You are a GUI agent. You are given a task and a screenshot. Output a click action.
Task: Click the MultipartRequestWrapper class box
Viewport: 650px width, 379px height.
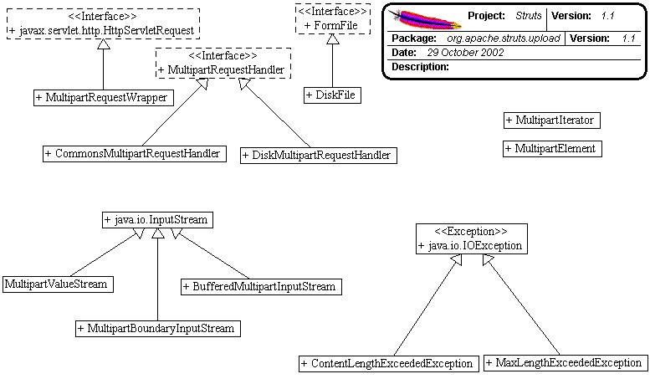pyautogui.click(x=102, y=98)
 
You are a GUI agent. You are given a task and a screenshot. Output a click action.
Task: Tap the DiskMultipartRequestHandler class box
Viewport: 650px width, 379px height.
pyautogui.click(x=317, y=155)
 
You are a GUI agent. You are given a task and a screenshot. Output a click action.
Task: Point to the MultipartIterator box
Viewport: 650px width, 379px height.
pyautogui.click(x=552, y=120)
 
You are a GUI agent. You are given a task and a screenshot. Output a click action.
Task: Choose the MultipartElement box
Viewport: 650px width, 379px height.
pyautogui.click(x=552, y=149)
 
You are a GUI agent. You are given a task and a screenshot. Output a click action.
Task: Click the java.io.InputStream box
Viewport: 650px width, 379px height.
pyautogui.click(x=156, y=220)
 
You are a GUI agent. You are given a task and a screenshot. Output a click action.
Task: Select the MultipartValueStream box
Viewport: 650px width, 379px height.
pyautogui.click(x=57, y=284)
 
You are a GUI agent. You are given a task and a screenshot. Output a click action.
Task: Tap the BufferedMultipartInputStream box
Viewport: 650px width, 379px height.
pyautogui.click(x=259, y=286)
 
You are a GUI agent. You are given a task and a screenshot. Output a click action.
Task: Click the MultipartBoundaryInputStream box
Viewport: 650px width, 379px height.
pyautogui.click(x=157, y=328)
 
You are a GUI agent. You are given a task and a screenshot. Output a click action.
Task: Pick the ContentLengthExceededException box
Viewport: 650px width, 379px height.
pyautogui.click(x=389, y=363)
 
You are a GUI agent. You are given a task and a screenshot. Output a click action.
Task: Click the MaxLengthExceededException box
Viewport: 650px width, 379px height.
pyautogui.click(x=565, y=363)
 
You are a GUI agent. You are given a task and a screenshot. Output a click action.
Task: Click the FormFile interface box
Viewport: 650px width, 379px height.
pyautogui.click(x=332, y=18)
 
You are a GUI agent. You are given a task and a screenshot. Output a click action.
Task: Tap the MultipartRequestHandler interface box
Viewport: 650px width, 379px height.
pyautogui.click(x=222, y=62)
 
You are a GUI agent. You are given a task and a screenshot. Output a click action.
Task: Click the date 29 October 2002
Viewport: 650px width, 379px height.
pyautogui.click(x=461, y=53)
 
